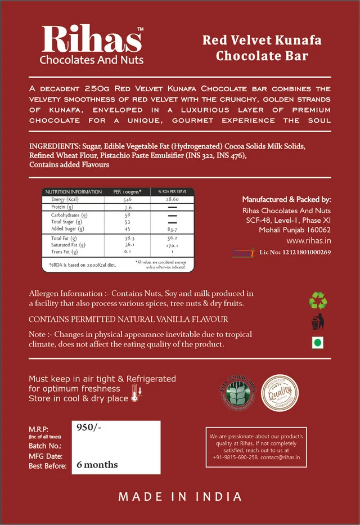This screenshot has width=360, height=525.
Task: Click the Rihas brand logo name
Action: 92,39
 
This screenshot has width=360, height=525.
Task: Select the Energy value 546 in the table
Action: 128,200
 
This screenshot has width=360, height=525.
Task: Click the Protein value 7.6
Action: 128,208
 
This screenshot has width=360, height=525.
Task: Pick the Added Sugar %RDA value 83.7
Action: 172,229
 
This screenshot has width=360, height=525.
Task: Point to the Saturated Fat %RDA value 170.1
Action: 172,245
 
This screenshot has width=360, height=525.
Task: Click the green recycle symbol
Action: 318,300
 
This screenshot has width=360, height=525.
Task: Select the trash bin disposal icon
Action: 318,322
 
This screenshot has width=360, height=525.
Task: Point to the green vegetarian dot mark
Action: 317,343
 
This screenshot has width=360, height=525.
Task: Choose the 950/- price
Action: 89,428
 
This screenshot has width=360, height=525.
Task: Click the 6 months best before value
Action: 97,465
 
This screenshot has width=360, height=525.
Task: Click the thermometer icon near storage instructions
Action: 136,394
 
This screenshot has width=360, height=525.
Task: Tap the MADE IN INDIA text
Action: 180,497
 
